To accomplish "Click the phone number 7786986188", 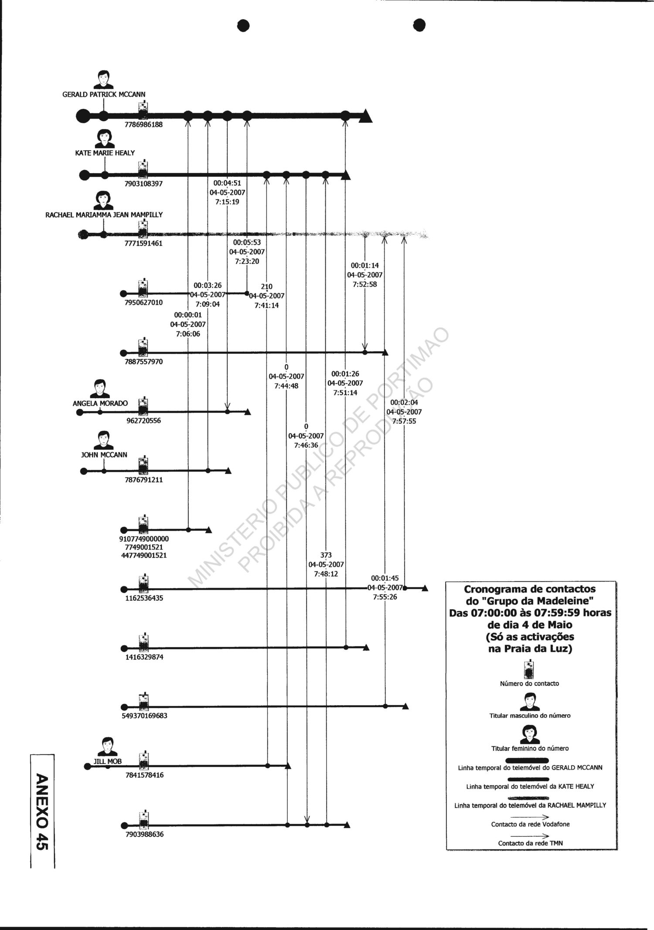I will point(143,125).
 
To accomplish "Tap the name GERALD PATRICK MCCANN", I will point(104,94).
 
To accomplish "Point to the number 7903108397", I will point(143,184).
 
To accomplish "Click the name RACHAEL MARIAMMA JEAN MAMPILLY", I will point(104,215).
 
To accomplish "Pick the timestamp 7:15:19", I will point(227,202).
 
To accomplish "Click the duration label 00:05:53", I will point(247,242).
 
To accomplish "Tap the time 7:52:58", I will point(365,285).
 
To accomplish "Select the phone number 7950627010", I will point(143,303).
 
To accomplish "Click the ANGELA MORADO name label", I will point(100,404).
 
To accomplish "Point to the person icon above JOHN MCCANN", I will point(104,440).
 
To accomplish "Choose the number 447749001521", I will point(144,555).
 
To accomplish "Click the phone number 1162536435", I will point(144,598).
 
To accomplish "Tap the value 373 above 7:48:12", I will point(326,555).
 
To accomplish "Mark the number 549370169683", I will point(144,716).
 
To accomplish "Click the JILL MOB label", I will point(108,762).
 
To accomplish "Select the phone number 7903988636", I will point(144,835).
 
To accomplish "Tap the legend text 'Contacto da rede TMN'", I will point(530,843).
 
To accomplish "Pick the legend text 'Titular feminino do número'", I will point(530,748).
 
